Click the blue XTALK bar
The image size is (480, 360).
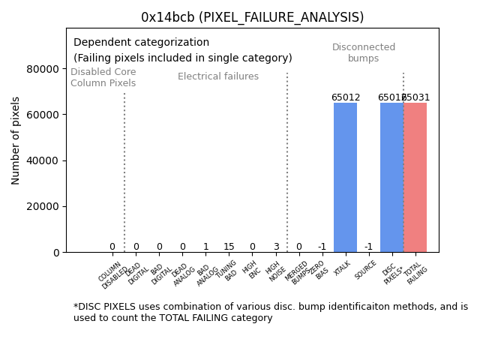pyautogui.click(x=345, y=177)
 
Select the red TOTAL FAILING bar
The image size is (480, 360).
pyautogui.click(x=415, y=177)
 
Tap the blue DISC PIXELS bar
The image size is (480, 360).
pyautogui.click(x=391, y=177)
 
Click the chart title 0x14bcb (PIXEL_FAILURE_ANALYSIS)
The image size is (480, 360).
pyautogui.click(x=252, y=17)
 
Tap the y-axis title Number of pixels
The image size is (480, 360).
pyautogui.click(x=16, y=140)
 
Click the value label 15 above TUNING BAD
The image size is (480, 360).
pyautogui.click(x=229, y=247)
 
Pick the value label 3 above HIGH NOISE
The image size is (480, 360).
pyautogui.click(x=275, y=247)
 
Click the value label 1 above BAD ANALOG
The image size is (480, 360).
pyautogui.click(x=205, y=247)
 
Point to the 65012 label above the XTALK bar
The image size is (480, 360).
pyautogui.click(x=345, y=97)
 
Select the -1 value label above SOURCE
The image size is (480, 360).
pyautogui.click(x=368, y=247)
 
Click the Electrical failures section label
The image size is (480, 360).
pyautogui.click(x=217, y=76)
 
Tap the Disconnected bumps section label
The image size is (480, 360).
pyautogui.click(x=364, y=53)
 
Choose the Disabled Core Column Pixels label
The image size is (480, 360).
pyautogui.click(x=103, y=78)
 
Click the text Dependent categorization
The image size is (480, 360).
pyautogui.click(x=141, y=43)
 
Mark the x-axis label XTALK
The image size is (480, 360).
pyautogui.click(x=342, y=269)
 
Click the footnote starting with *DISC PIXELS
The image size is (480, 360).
pyautogui.click(x=270, y=312)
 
